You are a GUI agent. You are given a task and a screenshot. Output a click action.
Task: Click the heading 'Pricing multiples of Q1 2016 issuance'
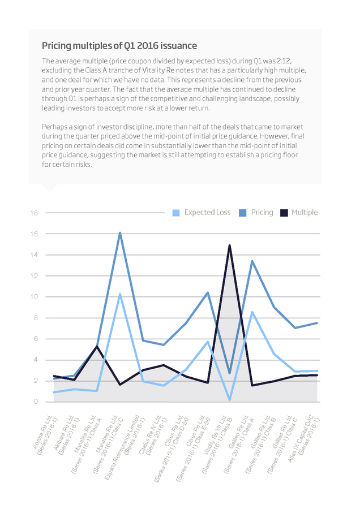tap(119, 45)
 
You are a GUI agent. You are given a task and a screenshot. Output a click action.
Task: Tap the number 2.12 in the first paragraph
tap(286, 61)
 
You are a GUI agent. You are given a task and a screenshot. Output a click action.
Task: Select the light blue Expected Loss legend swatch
tap(176, 213)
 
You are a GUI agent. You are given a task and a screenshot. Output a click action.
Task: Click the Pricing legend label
tap(262, 212)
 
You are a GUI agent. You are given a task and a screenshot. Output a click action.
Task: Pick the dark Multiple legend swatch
tap(284, 213)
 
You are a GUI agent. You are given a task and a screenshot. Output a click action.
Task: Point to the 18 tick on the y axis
tap(35, 213)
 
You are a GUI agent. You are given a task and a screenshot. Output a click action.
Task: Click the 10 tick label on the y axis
tap(35, 297)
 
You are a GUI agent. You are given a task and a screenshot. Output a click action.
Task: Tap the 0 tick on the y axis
tap(36, 402)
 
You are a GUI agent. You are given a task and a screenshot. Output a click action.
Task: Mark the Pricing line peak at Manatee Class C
tap(120, 233)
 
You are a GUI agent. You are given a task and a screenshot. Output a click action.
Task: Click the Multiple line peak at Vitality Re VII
tap(230, 245)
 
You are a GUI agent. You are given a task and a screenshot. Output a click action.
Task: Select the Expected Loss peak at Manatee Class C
tap(120, 294)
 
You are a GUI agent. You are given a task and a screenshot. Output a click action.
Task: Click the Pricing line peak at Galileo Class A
tap(252, 261)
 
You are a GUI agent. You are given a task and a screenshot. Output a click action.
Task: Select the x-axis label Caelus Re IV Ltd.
tap(153, 434)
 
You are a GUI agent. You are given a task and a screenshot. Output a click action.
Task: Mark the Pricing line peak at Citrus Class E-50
tap(208, 292)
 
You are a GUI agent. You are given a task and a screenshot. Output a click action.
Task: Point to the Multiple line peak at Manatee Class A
tap(97, 346)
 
